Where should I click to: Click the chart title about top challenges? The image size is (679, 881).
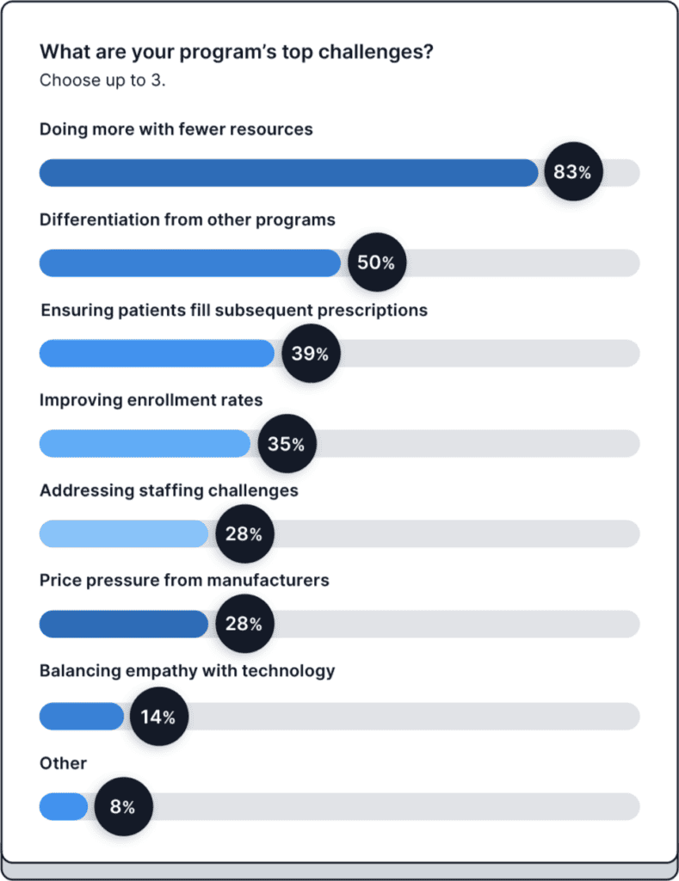236,52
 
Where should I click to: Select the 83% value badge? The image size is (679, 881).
572,172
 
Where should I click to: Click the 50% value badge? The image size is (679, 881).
376,262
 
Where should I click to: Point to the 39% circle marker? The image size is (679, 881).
310,353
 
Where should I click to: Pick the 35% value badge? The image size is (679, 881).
286,444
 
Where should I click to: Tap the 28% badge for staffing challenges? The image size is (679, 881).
244,534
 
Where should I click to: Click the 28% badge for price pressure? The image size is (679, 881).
244,624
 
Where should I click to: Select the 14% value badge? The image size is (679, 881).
158,716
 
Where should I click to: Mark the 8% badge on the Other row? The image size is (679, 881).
122,807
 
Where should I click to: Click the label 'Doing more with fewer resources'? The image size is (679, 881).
176,129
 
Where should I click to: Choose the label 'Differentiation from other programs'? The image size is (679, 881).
187,219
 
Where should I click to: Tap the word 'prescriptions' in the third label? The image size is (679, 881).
377,310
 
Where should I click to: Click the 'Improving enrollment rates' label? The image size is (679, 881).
151,400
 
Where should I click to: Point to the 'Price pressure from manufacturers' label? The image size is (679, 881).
184,580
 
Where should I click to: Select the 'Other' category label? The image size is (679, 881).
63,763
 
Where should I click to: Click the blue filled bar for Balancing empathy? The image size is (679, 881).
82,716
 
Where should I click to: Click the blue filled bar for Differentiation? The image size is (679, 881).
189,262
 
